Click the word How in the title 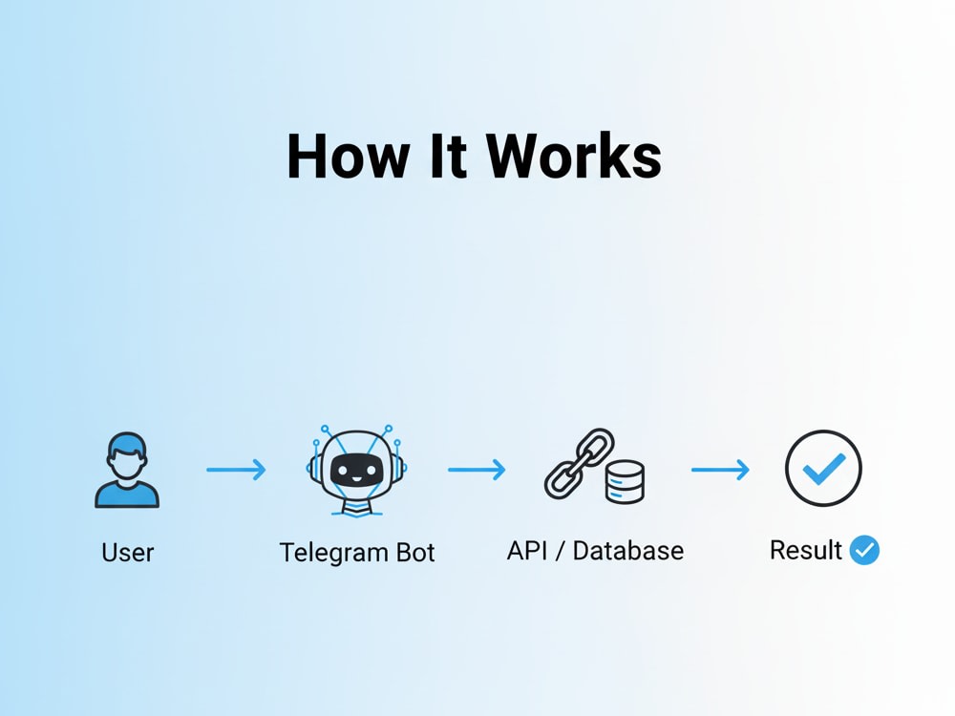pyautogui.click(x=348, y=156)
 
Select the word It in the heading pyautogui.click(x=448, y=156)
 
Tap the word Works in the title pyautogui.click(x=574, y=156)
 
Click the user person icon pyautogui.click(x=127, y=470)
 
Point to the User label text pyautogui.click(x=127, y=552)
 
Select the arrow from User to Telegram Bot pyautogui.click(x=236, y=470)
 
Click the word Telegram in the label pyautogui.click(x=333, y=553)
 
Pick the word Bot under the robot pyautogui.click(x=415, y=552)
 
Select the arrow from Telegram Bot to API pyautogui.click(x=477, y=470)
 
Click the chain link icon pyautogui.click(x=580, y=463)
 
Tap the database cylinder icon pyautogui.click(x=625, y=481)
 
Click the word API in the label pyautogui.click(x=527, y=551)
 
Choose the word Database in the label pyautogui.click(x=628, y=551)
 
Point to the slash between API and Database pyautogui.click(x=560, y=551)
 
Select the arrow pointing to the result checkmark pyautogui.click(x=720, y=470)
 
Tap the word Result pyautogui.click(x=806, y=550)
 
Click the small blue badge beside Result pyautogui.click(x=864, y=550)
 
